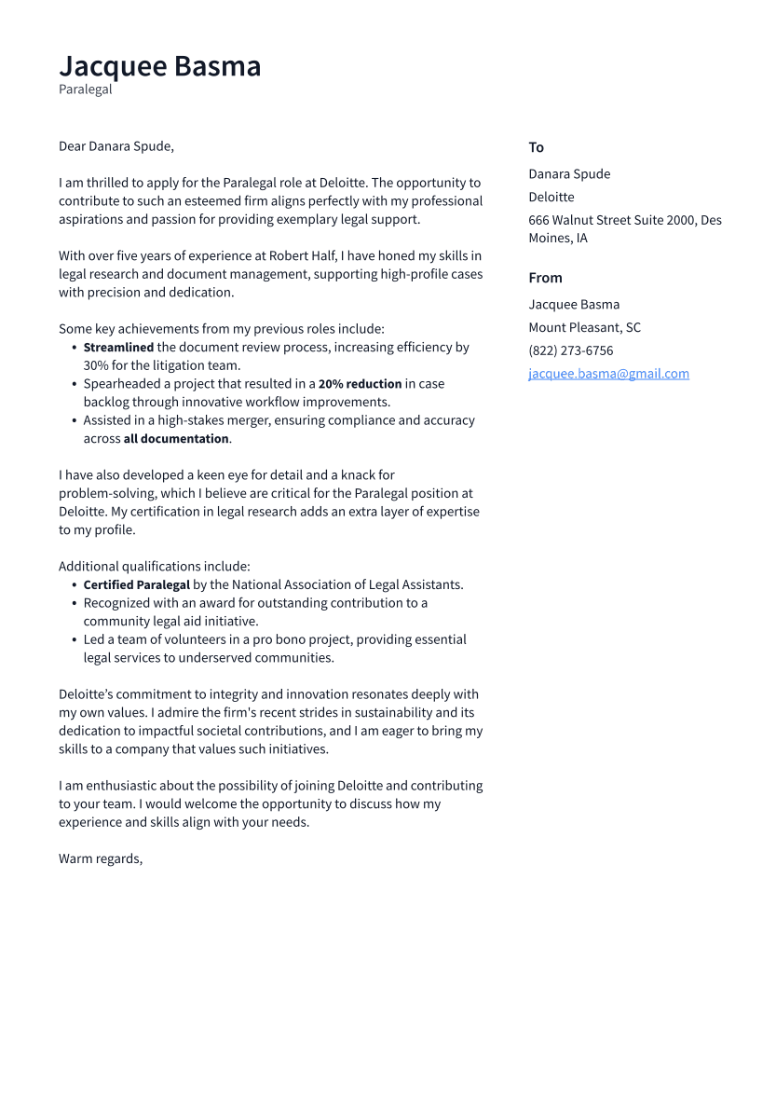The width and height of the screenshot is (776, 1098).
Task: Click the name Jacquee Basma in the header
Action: point(159,66)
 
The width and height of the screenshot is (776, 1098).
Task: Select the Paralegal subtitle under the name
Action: point(85,89)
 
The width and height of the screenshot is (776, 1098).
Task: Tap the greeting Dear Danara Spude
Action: point(116,146)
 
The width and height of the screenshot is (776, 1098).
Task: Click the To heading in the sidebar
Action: point(536,147)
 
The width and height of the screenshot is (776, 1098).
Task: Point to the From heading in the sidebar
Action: point(545,278)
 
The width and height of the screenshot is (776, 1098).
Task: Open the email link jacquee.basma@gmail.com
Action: point(608,374)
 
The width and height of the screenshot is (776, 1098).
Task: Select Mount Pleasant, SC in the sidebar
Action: point(584,327)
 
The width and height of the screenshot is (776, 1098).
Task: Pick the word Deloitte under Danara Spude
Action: point(551,197)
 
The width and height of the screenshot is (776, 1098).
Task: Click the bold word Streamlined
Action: point(118,348)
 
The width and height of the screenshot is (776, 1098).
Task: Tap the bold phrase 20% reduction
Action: point(360,384)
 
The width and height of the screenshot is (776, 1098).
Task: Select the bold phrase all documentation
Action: point(176,439)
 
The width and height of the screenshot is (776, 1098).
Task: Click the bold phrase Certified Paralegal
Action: point(136,585)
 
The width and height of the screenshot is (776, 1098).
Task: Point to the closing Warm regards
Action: point(100,858)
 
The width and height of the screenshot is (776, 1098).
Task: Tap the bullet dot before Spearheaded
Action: point(75,384)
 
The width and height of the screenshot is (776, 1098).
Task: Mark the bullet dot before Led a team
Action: point(75,640)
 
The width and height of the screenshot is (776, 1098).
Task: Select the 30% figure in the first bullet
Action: point(96,365)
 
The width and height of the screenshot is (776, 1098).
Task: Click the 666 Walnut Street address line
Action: point(624,220)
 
